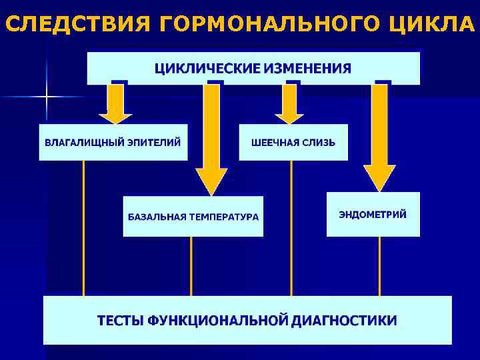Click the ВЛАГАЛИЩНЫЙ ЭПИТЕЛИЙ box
(x=113, y=142)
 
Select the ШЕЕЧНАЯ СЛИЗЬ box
(x=293, y=142)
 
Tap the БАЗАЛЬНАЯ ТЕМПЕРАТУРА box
(x=193, y=217)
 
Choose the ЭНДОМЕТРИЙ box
(x=373, y=214)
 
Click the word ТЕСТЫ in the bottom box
(x=121, y=320)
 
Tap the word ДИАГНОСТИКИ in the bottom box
(x=343, y=320)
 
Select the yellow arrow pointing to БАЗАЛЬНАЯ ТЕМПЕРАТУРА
(x=211, y=140)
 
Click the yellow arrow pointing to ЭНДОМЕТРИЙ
(x=379, y=137)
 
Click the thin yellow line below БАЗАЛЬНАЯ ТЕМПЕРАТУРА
(x=191, y=266)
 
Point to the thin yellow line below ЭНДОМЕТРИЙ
(x=380, y=266)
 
